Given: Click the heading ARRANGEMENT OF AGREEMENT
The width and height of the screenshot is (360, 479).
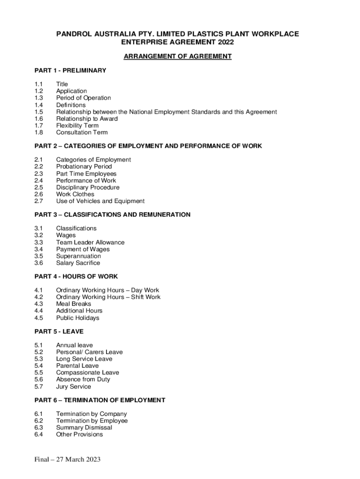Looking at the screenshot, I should coord(177,57).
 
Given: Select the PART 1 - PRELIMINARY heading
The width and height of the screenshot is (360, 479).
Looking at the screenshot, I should coord(71,71).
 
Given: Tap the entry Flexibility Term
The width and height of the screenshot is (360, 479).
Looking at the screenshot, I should coord(77,125).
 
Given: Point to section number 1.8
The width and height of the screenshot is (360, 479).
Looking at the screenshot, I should coord(39,132).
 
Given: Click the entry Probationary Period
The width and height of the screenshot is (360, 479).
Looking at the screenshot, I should coord(84,167).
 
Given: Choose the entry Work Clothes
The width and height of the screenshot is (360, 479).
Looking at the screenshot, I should coord(75,194).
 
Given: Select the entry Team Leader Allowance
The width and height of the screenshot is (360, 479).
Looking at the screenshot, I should coord(90,242).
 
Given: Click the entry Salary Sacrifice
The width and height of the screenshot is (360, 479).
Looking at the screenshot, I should coord(78,263).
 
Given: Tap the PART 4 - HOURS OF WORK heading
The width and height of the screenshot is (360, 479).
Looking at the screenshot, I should coord(76,276).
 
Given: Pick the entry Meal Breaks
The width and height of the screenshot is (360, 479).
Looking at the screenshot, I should coord(73,304).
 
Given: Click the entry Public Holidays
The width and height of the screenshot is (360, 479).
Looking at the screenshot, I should coord(78,318).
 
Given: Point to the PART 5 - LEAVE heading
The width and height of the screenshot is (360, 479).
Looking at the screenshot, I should coord(59,331).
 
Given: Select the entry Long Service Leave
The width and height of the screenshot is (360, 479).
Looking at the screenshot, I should coord(84,359).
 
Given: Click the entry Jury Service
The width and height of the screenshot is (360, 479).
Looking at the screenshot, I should coord(73,387).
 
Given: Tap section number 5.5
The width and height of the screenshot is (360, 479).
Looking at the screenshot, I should coord(39,373).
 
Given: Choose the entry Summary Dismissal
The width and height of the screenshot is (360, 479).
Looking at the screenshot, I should coord(84,428).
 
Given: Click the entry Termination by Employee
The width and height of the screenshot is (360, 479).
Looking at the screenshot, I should coord(92,421).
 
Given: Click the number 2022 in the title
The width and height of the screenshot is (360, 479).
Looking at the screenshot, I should coord(225,42).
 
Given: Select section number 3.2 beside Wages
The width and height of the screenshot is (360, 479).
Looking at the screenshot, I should coord(39,235).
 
